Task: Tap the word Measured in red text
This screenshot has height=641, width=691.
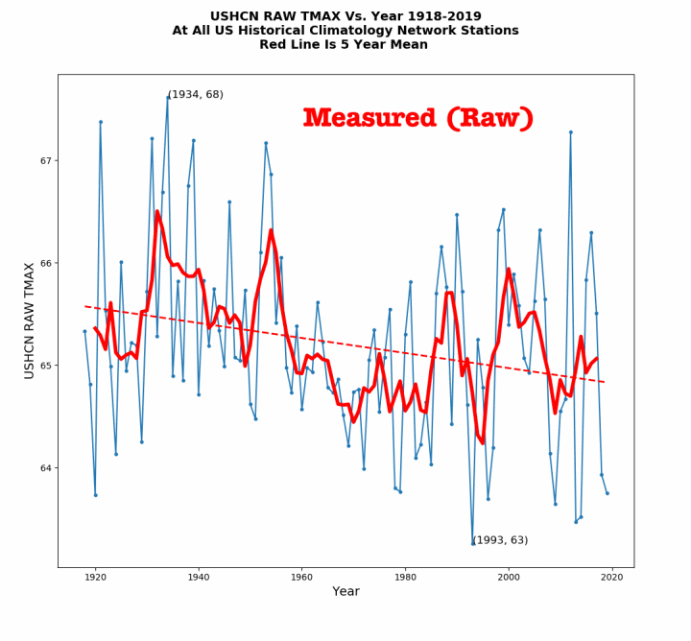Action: (369, 118)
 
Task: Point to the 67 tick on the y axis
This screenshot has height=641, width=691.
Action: (44, 160)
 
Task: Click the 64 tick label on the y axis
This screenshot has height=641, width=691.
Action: (44, 468)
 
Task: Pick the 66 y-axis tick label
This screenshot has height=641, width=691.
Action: (44, 263)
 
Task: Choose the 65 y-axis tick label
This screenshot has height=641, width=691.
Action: (44, 366)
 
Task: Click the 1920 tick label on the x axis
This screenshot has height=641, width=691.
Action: (95, 577)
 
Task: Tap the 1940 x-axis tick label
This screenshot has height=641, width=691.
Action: (199, 577)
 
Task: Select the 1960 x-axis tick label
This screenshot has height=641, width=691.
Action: (301, 577)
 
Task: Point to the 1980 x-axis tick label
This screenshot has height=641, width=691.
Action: (405, 577)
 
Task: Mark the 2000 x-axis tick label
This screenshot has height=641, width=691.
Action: (508, 577)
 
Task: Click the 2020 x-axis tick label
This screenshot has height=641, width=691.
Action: (611, 577)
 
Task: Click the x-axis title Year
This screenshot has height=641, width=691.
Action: (345, 592)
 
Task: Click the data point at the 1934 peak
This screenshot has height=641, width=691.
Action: (168, 97)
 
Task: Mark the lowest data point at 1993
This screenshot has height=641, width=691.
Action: (472, 543)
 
